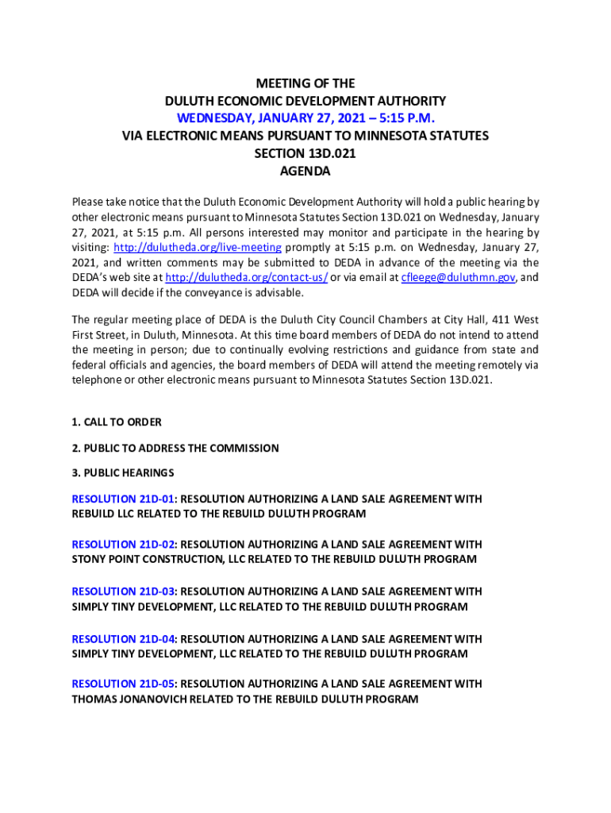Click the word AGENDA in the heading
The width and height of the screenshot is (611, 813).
(x=305, y=171)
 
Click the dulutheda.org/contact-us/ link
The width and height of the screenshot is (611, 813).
(x=247, y=278)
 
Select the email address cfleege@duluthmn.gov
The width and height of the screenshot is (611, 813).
(x=459, y=278)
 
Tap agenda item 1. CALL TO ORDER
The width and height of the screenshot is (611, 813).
(x=117, y=422)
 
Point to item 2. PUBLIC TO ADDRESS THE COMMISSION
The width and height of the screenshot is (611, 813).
(x=175, y=448)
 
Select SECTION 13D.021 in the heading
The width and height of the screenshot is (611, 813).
(x=305, y=154)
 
